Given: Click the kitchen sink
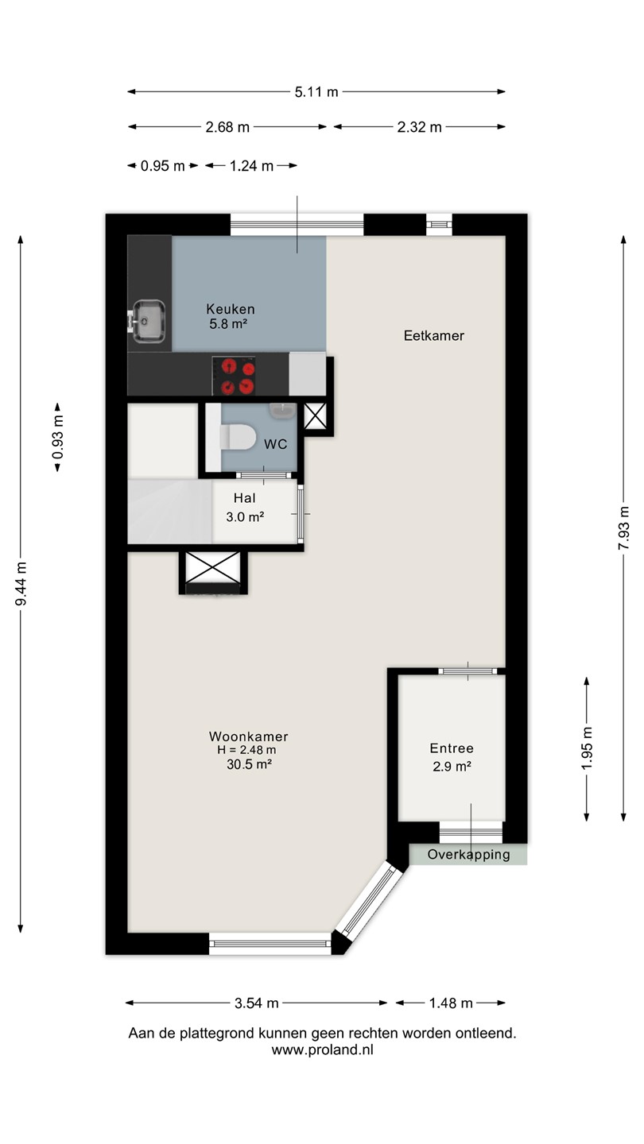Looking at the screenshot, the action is [149, 321].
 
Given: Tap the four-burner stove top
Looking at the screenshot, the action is [234, 376].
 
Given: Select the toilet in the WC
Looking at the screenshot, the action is [239, 438].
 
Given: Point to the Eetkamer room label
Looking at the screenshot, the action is [434, 335].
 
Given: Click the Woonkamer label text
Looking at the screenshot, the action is [248, 736].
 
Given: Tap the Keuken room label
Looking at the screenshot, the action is [231, 309].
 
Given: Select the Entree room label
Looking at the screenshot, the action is [452, 748].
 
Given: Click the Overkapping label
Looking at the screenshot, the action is [469, 855].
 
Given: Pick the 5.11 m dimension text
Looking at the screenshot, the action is [316, 92].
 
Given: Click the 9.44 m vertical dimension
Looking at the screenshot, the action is [21, 583].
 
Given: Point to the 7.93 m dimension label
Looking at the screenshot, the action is [623, 528].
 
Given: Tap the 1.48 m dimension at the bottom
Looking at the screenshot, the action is [451, 1003].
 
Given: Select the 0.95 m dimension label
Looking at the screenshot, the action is [162, 166].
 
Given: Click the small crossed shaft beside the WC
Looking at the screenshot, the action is [315, 416].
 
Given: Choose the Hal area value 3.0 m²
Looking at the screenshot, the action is [245, 517].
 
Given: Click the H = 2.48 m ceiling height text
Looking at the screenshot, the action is [246, 750].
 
